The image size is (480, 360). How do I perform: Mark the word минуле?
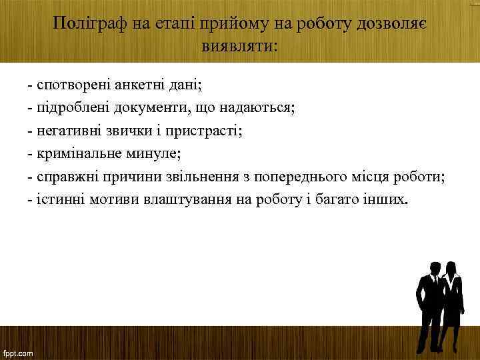(153, 154)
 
